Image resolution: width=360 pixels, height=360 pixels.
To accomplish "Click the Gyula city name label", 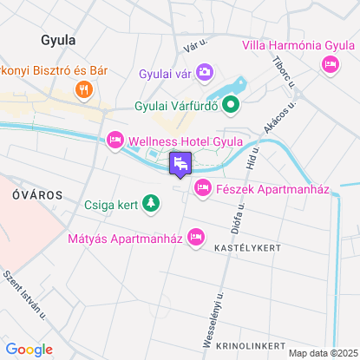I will pos(58,40).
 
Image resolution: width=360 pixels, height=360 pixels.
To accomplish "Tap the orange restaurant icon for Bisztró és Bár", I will pos(83,88).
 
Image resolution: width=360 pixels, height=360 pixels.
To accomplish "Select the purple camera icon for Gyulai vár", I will pos(205,71).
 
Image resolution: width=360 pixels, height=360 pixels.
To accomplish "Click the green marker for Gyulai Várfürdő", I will pos(231,107).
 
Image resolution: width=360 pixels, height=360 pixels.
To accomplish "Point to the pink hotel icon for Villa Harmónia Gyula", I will pos(330,63).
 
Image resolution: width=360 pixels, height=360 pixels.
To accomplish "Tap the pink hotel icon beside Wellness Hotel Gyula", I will pos(115,140).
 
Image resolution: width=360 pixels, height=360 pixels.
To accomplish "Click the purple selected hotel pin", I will pos(180,163).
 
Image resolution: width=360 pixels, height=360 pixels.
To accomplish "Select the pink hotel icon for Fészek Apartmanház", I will pos(203,187).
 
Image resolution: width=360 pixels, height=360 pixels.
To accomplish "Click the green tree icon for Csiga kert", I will pos(152,204).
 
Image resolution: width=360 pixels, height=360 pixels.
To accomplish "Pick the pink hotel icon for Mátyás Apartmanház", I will pos(197,234).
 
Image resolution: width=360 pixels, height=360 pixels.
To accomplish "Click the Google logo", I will pos(29,350).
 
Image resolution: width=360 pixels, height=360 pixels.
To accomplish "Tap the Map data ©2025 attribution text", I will pos(322,353).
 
